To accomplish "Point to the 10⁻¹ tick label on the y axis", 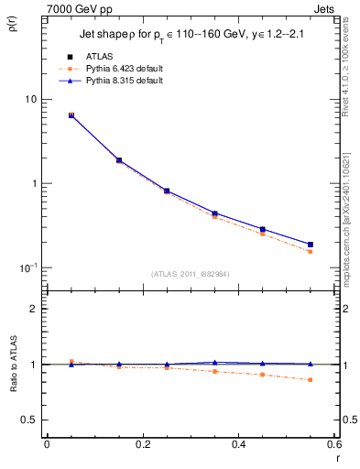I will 27,267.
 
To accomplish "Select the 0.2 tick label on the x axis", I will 142,446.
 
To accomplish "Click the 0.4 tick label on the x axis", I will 238,446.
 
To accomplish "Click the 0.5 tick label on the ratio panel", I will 29,420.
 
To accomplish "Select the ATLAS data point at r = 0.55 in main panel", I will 311,245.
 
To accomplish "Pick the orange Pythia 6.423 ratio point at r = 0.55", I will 311,379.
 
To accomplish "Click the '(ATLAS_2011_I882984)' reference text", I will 191,274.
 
